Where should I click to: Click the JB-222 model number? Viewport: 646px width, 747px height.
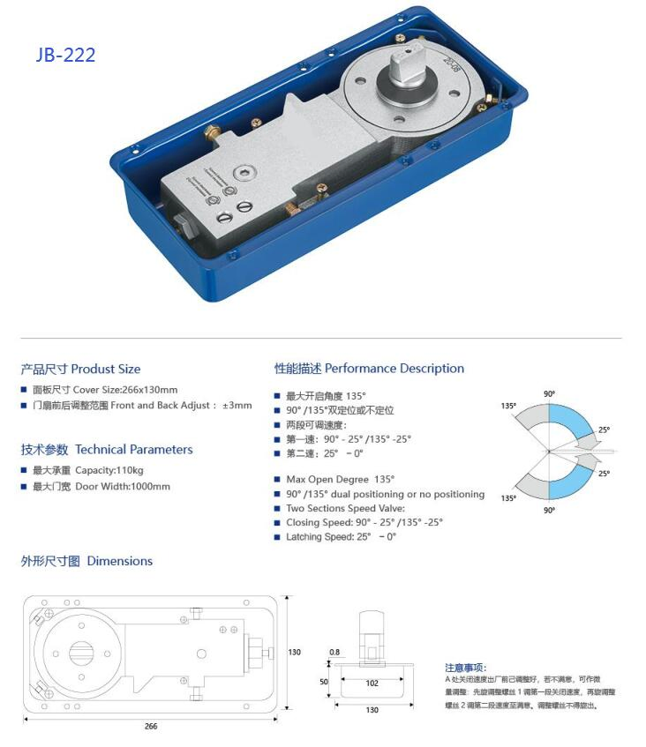tap(65, 55)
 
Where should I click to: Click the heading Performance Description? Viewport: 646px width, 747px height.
tap(369, 369)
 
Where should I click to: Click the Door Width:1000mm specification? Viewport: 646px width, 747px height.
tap(101, 486)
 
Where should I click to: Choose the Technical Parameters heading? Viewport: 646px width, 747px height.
tap(106, 450)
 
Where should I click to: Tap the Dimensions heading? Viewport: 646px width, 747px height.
tap(86, 561)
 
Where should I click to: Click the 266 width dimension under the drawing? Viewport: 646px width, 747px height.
tap(151, 726)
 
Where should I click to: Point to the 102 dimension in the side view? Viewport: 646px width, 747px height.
tap(372, 682)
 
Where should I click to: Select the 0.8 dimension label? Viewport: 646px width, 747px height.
tap(334, 653)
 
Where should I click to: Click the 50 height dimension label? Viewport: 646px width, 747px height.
tap(323, 683)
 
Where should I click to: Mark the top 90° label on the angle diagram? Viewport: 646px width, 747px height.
tap(548, 393)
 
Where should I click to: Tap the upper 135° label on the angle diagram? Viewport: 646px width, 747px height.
tap(508, 407)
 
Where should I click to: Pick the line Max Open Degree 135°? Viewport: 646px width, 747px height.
tap(340, 479)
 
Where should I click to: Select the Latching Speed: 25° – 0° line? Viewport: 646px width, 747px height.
tap(341, 536)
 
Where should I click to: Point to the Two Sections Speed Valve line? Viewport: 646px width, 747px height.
tap(345, 508)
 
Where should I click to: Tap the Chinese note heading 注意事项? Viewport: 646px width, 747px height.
tap(465, 668)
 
